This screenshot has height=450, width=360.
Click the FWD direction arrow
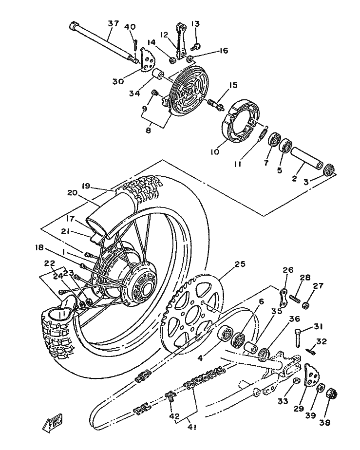click(53, 423)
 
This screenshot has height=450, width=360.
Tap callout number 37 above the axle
click(114, 23)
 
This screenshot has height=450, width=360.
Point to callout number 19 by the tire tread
click(86, 186)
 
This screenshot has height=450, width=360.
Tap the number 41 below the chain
click(192, 427)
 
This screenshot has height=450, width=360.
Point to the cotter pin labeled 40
click(135, 45)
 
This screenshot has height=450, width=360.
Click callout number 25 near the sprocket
click(240, 264)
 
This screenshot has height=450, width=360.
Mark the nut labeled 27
click(306, 304)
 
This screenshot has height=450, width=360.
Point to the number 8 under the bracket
click(148, 130)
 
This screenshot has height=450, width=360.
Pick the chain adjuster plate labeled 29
click(311, 375)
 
